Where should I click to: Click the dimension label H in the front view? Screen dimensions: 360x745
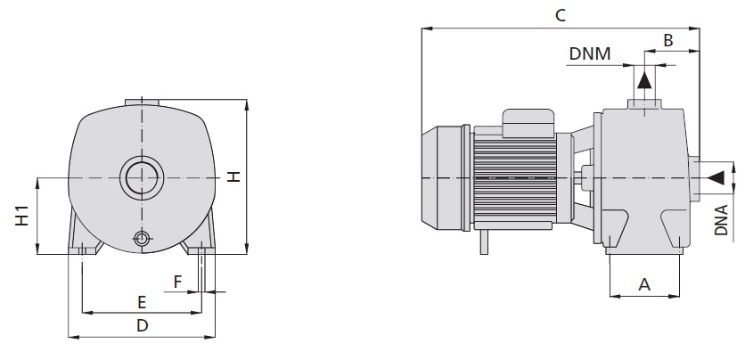[x=233, y=177]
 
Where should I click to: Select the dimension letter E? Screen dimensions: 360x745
[x=141, y=301]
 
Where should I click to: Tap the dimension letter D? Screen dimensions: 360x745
[x=142, y=326]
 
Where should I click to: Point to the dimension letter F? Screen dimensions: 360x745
[x=177, y=282]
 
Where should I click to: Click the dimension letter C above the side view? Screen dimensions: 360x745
[x=560, y=15]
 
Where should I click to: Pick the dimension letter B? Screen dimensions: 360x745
[x=667, y=41]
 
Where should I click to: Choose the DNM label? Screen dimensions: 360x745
[x=591, y=53]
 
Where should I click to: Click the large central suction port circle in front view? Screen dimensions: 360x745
[x=141, y=178]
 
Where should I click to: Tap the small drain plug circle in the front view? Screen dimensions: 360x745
[x=141, y=238]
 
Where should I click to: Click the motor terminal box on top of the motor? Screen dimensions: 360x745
[x=529, y=122]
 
